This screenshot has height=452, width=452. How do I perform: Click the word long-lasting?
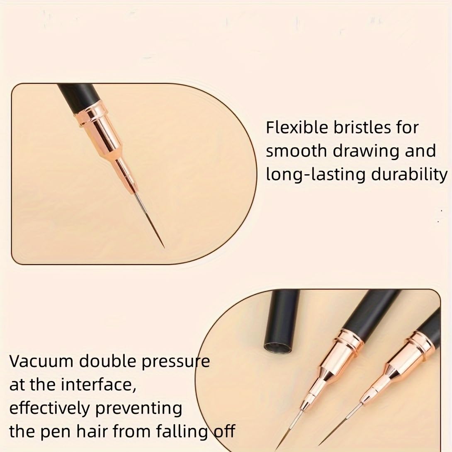315,175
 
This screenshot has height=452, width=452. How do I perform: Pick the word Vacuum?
41,361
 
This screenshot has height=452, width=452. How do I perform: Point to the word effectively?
49,408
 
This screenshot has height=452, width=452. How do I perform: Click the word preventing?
139,409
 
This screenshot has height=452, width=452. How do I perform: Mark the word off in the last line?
224,431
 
